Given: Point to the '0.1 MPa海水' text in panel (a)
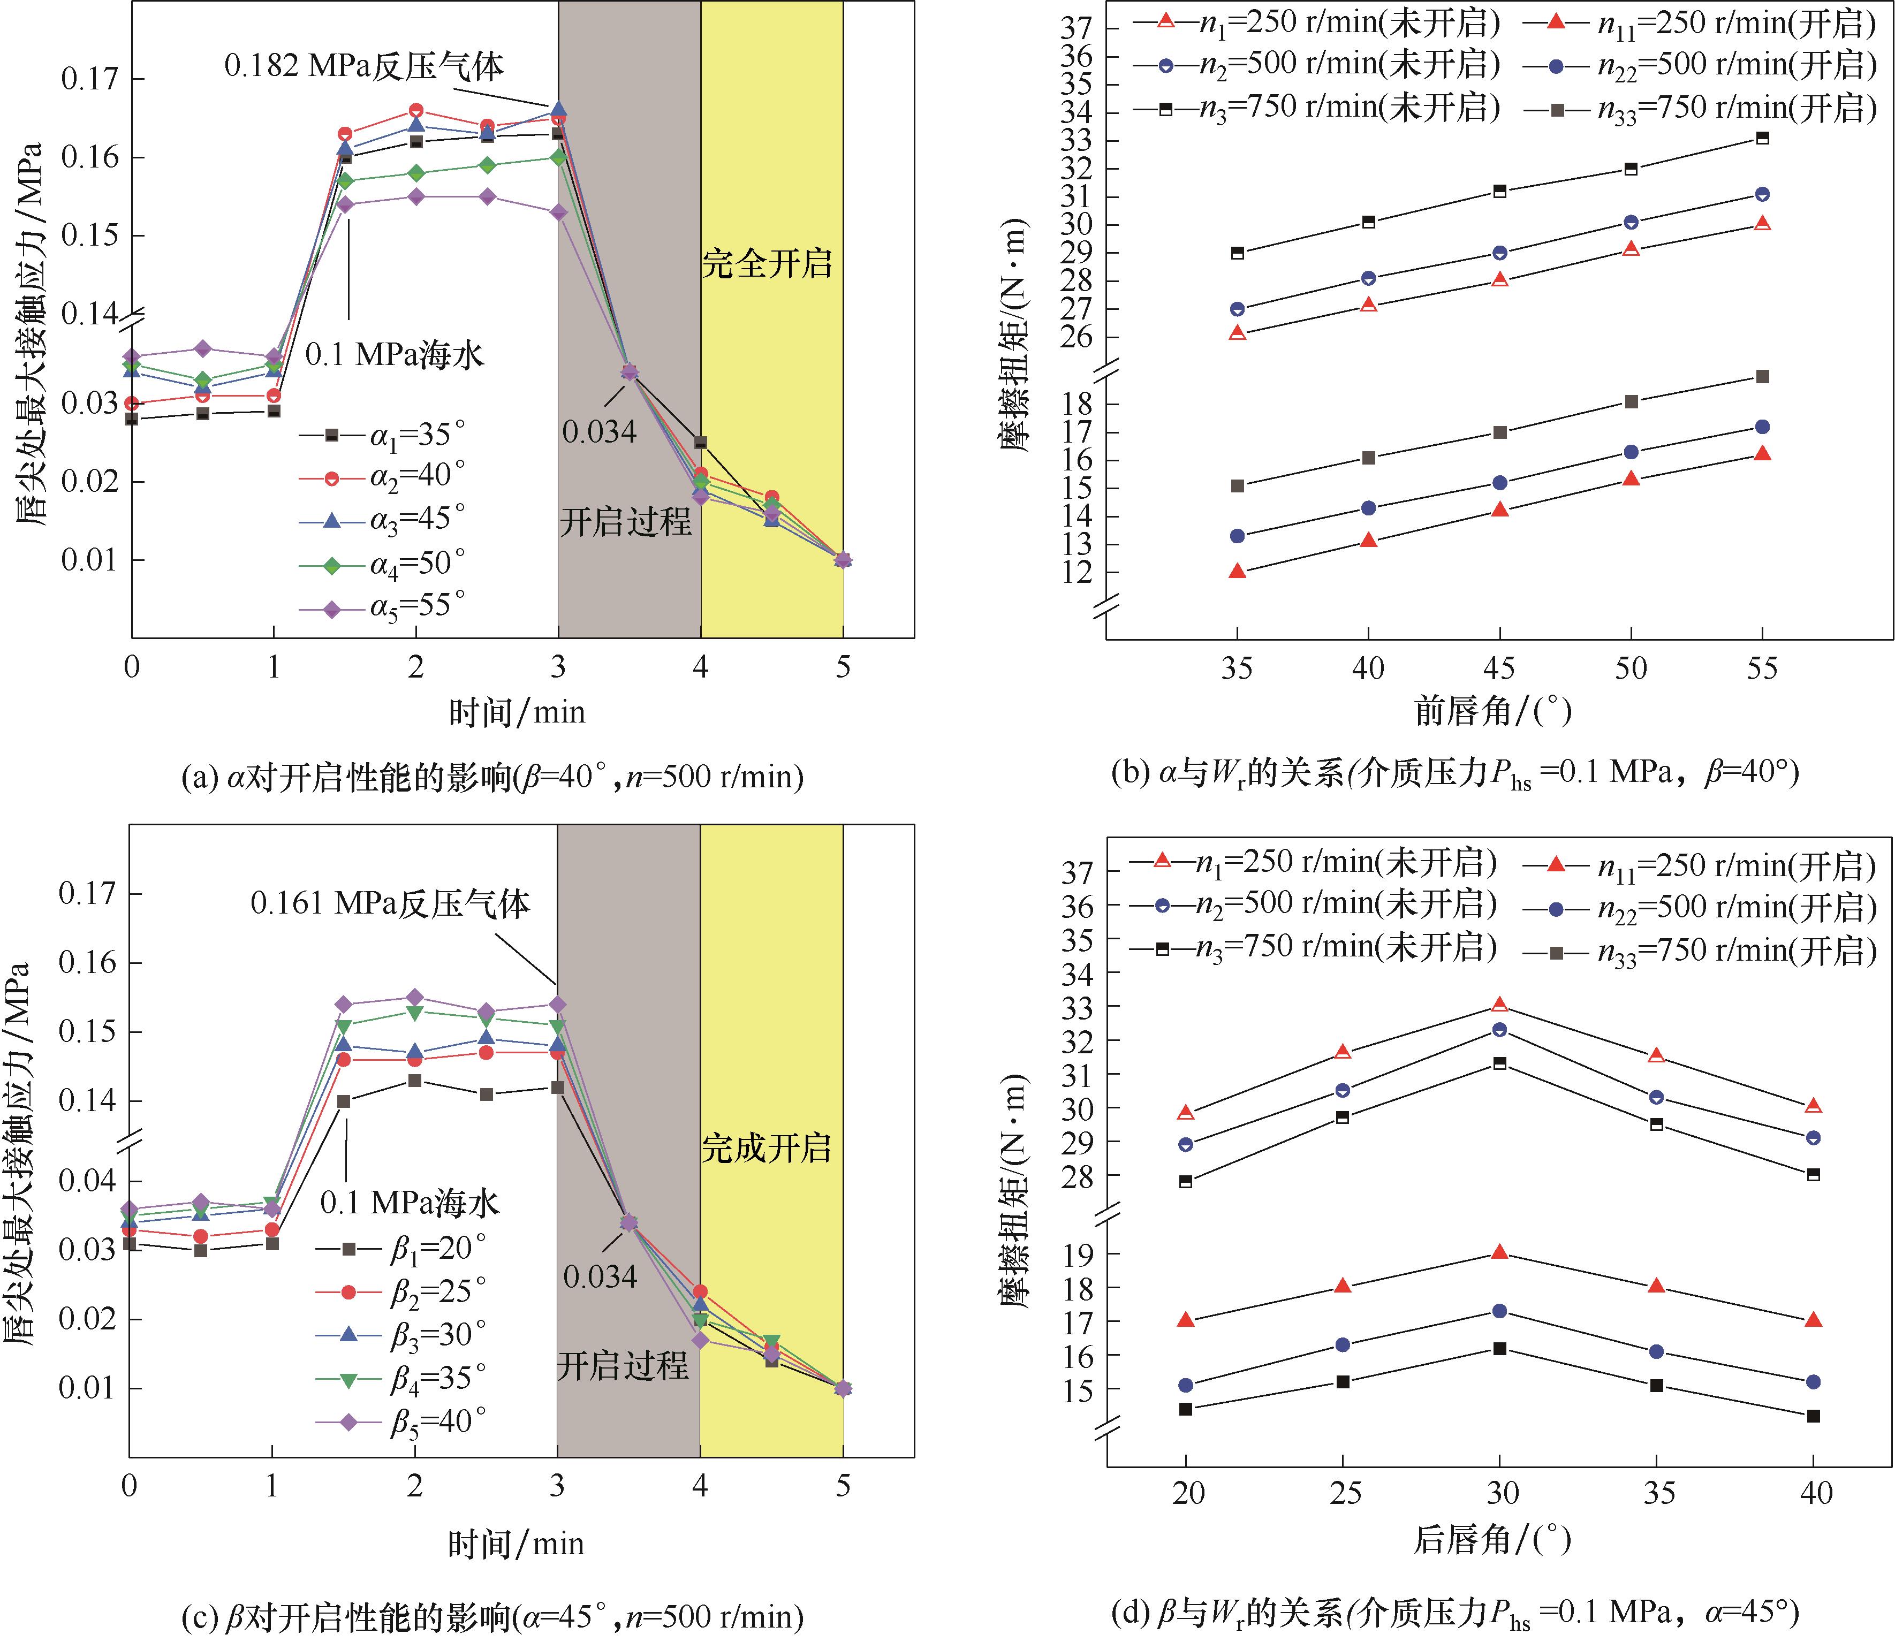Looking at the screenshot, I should (394, 354).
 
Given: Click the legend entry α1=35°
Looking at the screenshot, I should (383, 435).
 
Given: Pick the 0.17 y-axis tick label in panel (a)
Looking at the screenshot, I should (90, 79).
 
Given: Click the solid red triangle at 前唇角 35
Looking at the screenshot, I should (1237, 571).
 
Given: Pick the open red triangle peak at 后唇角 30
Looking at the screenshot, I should (1499, 1004).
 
